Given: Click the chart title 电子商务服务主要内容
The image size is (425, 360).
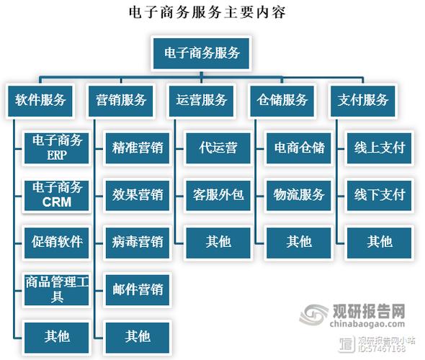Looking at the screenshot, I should [x=212, y=13].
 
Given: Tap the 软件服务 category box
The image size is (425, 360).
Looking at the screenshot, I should [x=40, y=100].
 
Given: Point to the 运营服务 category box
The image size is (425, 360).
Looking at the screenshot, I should [x=202, y=100].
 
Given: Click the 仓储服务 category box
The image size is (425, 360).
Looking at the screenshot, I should [x=283, y=100].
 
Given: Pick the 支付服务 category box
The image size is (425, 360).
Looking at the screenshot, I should [x=364, y=100].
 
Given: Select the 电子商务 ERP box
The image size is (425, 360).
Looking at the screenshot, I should [x=57, y=148].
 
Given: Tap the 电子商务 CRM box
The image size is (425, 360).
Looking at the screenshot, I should [x=57, y=195].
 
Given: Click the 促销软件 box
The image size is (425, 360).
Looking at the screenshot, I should [x=57, y=241].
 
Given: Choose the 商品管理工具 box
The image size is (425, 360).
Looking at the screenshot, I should [x=57, y=288].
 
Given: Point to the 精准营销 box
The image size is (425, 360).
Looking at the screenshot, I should [x=138, y=148].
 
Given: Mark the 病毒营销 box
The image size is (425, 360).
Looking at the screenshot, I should [x=138, y=241].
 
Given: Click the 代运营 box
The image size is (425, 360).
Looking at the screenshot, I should [x=218, y=148].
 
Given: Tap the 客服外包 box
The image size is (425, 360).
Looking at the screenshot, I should [x=218, y=195].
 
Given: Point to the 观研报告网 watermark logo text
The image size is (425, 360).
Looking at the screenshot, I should [x=369, y=311].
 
